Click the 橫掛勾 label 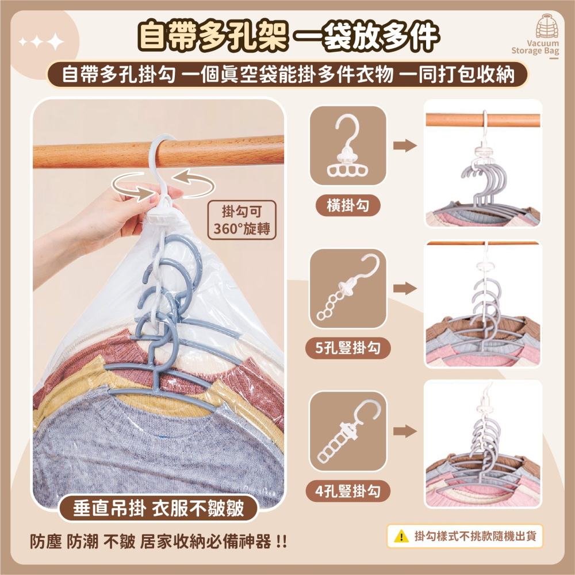(x=348, y=205)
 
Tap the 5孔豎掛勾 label (x=348, y=348)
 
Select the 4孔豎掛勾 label (x=348, y=490)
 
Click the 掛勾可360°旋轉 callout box (x=241, y=220)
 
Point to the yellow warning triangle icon (x=401, y=536)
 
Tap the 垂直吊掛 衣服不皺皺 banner (x=159, y=508)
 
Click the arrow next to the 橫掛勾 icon (x=405, y=145)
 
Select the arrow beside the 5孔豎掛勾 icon (x=405, y=289)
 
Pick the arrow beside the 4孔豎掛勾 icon (x=405, y=431)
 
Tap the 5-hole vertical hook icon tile (x=348, y=289)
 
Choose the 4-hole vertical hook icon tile (x=348, y=431)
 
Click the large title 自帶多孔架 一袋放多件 (x=289, y=36)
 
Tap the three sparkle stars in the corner (x=41, y=42)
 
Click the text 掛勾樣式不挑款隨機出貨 (x=476, y=536)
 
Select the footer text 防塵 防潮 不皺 (x=82, y=542)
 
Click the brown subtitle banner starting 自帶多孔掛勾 (x=288, y=74)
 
